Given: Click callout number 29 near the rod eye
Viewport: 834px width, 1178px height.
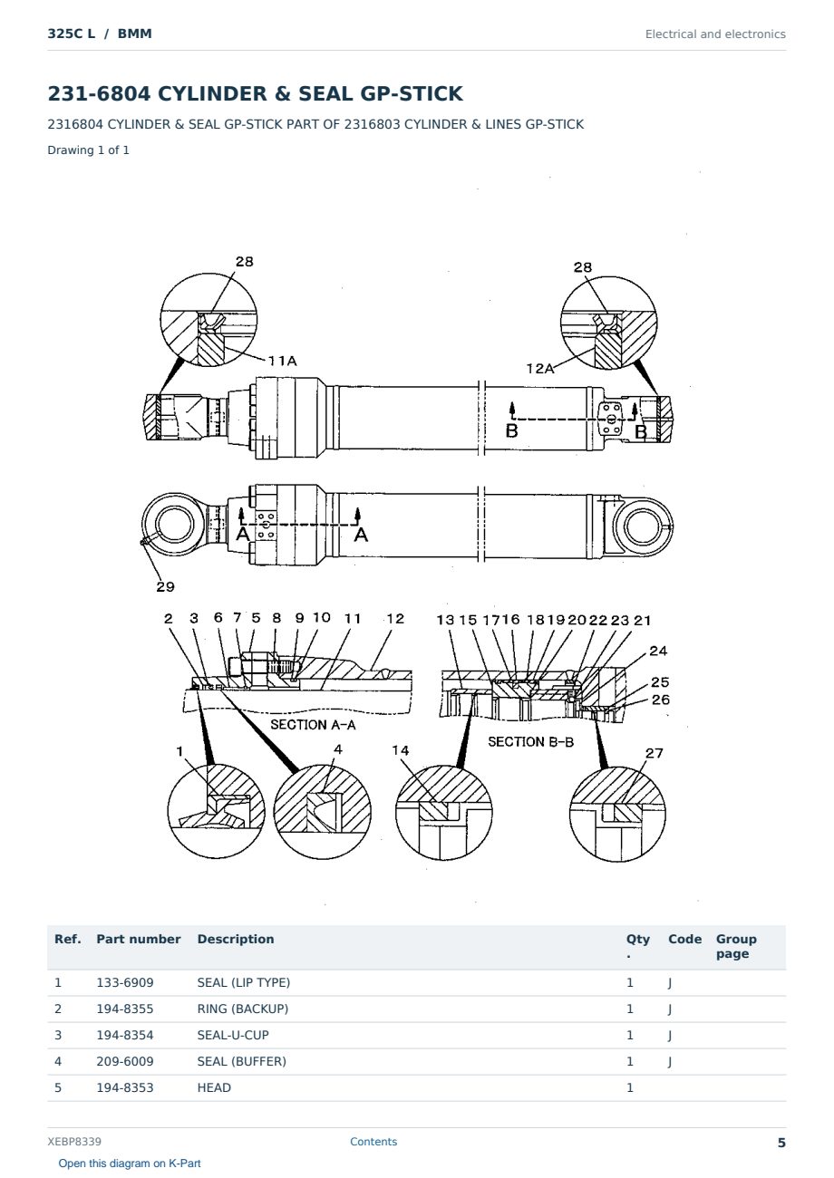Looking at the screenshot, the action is [165, 586].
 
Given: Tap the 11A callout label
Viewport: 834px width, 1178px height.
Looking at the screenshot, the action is [283, 361].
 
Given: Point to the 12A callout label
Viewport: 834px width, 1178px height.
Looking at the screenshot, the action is [540, 368].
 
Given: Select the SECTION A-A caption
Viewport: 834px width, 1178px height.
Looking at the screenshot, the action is [313, 725].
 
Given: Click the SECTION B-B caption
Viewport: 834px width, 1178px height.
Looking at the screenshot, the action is [530, 741].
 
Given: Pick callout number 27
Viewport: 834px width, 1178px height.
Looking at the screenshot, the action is [654, 753].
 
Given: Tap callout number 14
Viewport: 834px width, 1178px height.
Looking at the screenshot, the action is [400, 750].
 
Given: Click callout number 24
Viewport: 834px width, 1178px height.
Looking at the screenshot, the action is [658, 651].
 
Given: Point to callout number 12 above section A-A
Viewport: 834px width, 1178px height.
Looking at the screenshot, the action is [395, 618].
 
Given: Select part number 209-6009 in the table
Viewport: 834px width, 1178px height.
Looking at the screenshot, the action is [125, 1061].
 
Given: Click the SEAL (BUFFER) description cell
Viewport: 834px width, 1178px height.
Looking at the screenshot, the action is [241, 1061].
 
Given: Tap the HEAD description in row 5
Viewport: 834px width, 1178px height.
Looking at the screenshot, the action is [214, 1087].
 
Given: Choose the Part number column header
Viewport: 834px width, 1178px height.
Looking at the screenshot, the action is [139, 939].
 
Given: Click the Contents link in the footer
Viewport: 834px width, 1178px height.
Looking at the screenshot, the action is [373, 1141].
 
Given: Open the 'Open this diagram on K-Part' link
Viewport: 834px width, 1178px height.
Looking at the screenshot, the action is [130, 1164].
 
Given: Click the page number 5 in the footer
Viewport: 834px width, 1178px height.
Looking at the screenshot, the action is [781, 1143].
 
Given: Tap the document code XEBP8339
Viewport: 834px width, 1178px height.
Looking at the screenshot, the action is [74, 1141].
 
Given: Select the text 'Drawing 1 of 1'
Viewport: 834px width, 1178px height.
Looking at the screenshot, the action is [89, 150].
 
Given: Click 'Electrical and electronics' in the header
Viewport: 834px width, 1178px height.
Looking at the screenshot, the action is [715, 34].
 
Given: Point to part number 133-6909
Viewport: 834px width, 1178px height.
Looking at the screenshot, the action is [125, 982].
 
